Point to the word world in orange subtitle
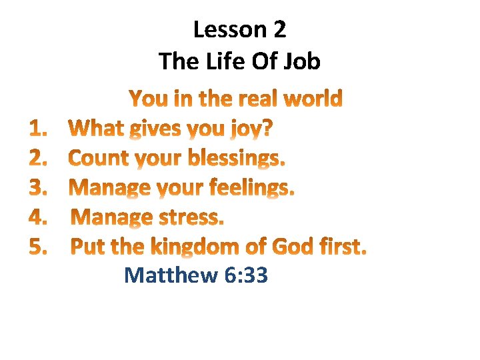click(313, 99)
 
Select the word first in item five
click(341, 247)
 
